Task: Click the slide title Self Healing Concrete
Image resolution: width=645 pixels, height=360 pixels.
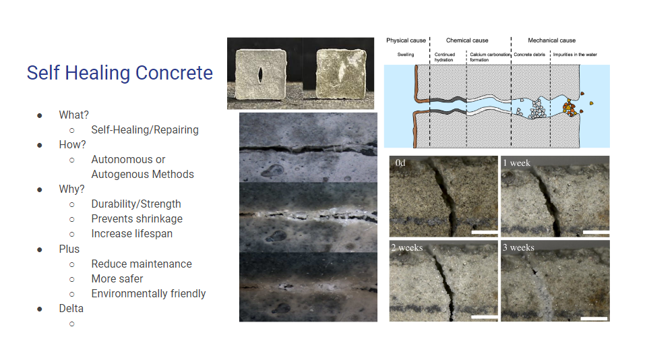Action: pyautogui.click(x=119, y=73)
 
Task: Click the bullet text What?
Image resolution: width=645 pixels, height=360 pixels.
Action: pyautogui.click(x=73, y=115)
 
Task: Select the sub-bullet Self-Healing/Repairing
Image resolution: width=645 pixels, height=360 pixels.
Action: pyautogui.click(x=145, y=129)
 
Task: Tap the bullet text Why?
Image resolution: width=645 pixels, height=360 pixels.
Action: pyautogui.click(x=72, y=189)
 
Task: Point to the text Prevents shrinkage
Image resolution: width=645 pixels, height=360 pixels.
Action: pyautogui.click(x=137, y=218)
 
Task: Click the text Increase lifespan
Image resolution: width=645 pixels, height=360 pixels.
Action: pyautogui.click(x=132, y=233)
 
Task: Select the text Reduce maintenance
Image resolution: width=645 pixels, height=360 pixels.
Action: pyautogui.click(x=142, y=264)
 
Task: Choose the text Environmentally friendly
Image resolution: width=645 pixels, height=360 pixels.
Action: pyautogui.click(x=148, y=293)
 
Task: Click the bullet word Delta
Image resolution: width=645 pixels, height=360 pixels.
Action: pyautogui.click(x=71, y=308)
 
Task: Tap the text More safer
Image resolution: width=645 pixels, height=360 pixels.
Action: pyautogui.click(x=117, y=278)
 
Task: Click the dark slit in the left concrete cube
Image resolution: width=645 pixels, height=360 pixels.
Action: pyautogui.click(x=260, y=74)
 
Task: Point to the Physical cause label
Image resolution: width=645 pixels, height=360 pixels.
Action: pyautogui.click(x=406, y=40)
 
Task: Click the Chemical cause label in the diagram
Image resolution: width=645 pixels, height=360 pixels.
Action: pyautogui.click(x=467, y=40)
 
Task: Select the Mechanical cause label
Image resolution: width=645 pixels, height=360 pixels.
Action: pyautogui.click(x=551, y=40)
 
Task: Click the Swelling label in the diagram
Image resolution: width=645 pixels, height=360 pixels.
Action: pyautogui.click(x=406, y=55)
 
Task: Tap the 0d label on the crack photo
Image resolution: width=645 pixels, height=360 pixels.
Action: pyautogui.click(x=401, y=163)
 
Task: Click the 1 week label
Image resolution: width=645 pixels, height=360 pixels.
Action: pyautogui.click(x=517, y=163)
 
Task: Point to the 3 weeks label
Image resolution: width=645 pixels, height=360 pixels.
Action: pyautogui.click(x=519, y=247)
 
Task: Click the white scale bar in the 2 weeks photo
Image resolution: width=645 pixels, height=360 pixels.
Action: pyautogui.click(x=484, y=316)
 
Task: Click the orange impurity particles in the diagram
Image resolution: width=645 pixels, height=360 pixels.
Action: pyautogui.click(x=570, y=107)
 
